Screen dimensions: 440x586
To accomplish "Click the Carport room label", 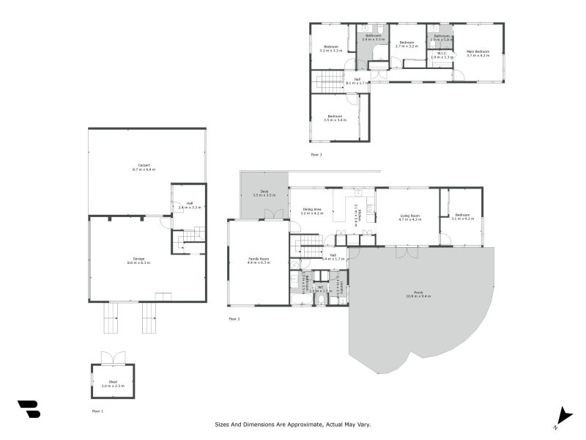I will click(144, 166).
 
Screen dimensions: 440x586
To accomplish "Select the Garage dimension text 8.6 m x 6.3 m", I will click(138, 262).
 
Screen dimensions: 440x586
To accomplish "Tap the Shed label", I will click(113, 381).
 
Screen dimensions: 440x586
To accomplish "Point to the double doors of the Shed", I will click(113, 358).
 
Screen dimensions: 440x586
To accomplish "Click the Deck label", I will click(264, 191).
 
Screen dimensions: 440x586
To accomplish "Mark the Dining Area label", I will click(312, 210).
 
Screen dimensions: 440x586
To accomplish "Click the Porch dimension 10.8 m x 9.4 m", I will click(418, 296).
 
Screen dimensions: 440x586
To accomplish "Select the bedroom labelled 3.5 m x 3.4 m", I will click(335, 120).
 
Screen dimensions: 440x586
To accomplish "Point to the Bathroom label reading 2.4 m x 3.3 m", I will click(374, 39).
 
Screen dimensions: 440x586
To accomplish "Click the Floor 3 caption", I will click(316, 155).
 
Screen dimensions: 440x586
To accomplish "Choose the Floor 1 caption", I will click(97, 411).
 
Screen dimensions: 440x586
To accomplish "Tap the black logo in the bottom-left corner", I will click(29, 409).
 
